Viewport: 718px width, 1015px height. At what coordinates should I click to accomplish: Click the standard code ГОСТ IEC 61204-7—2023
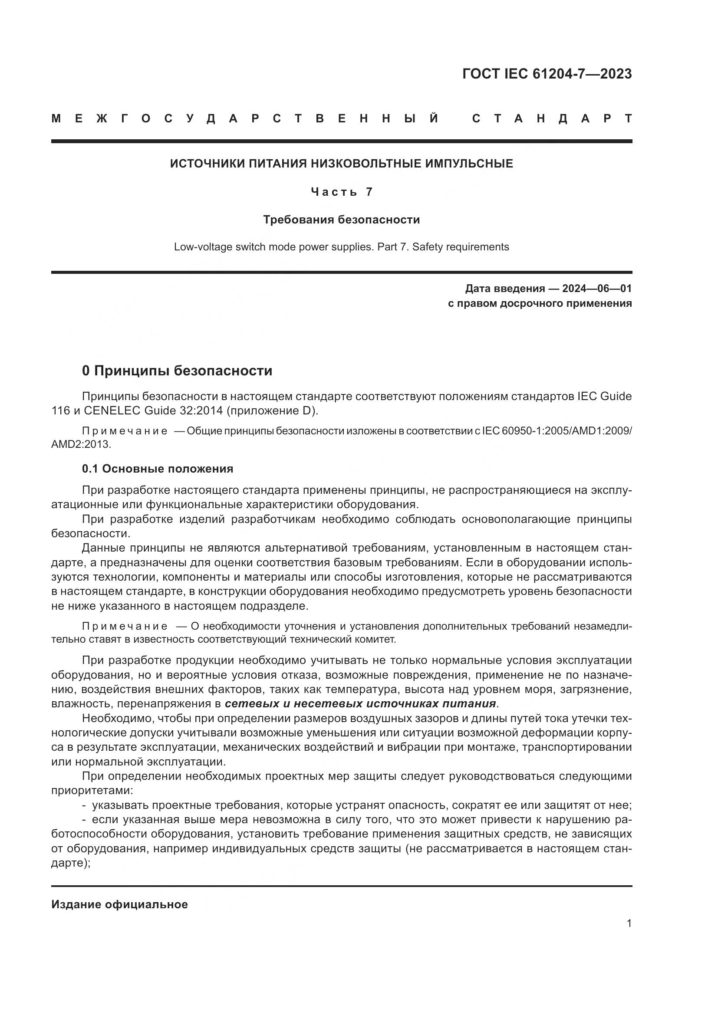(547, 74)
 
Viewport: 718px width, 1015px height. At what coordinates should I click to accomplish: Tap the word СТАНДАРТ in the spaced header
(552, 118)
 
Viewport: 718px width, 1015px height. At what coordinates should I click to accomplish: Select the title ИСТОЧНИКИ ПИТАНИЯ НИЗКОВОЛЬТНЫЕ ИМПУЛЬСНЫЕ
(341, 164)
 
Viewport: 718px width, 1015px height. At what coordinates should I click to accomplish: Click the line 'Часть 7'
(341, 192)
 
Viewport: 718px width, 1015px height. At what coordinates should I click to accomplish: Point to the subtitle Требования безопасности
(341, 220)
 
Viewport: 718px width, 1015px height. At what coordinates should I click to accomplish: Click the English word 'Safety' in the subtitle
(428, 246)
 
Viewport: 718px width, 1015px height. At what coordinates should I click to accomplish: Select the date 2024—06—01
(596, 289)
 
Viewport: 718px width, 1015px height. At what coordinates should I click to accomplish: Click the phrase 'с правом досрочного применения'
(540, 303)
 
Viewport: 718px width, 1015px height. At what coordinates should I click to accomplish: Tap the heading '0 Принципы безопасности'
(177, 371)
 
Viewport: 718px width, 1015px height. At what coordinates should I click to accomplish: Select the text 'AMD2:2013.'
(81, 444)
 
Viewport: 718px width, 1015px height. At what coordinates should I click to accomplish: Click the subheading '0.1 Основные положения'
(158, 469)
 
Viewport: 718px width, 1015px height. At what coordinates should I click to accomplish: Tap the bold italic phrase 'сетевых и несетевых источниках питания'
(360, 703)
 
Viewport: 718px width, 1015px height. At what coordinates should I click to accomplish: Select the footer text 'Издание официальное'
(119, 904)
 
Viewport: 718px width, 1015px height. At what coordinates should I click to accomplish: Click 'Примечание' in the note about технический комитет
(125, 627)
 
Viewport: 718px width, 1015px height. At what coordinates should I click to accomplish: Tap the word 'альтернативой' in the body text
(306, 548)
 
